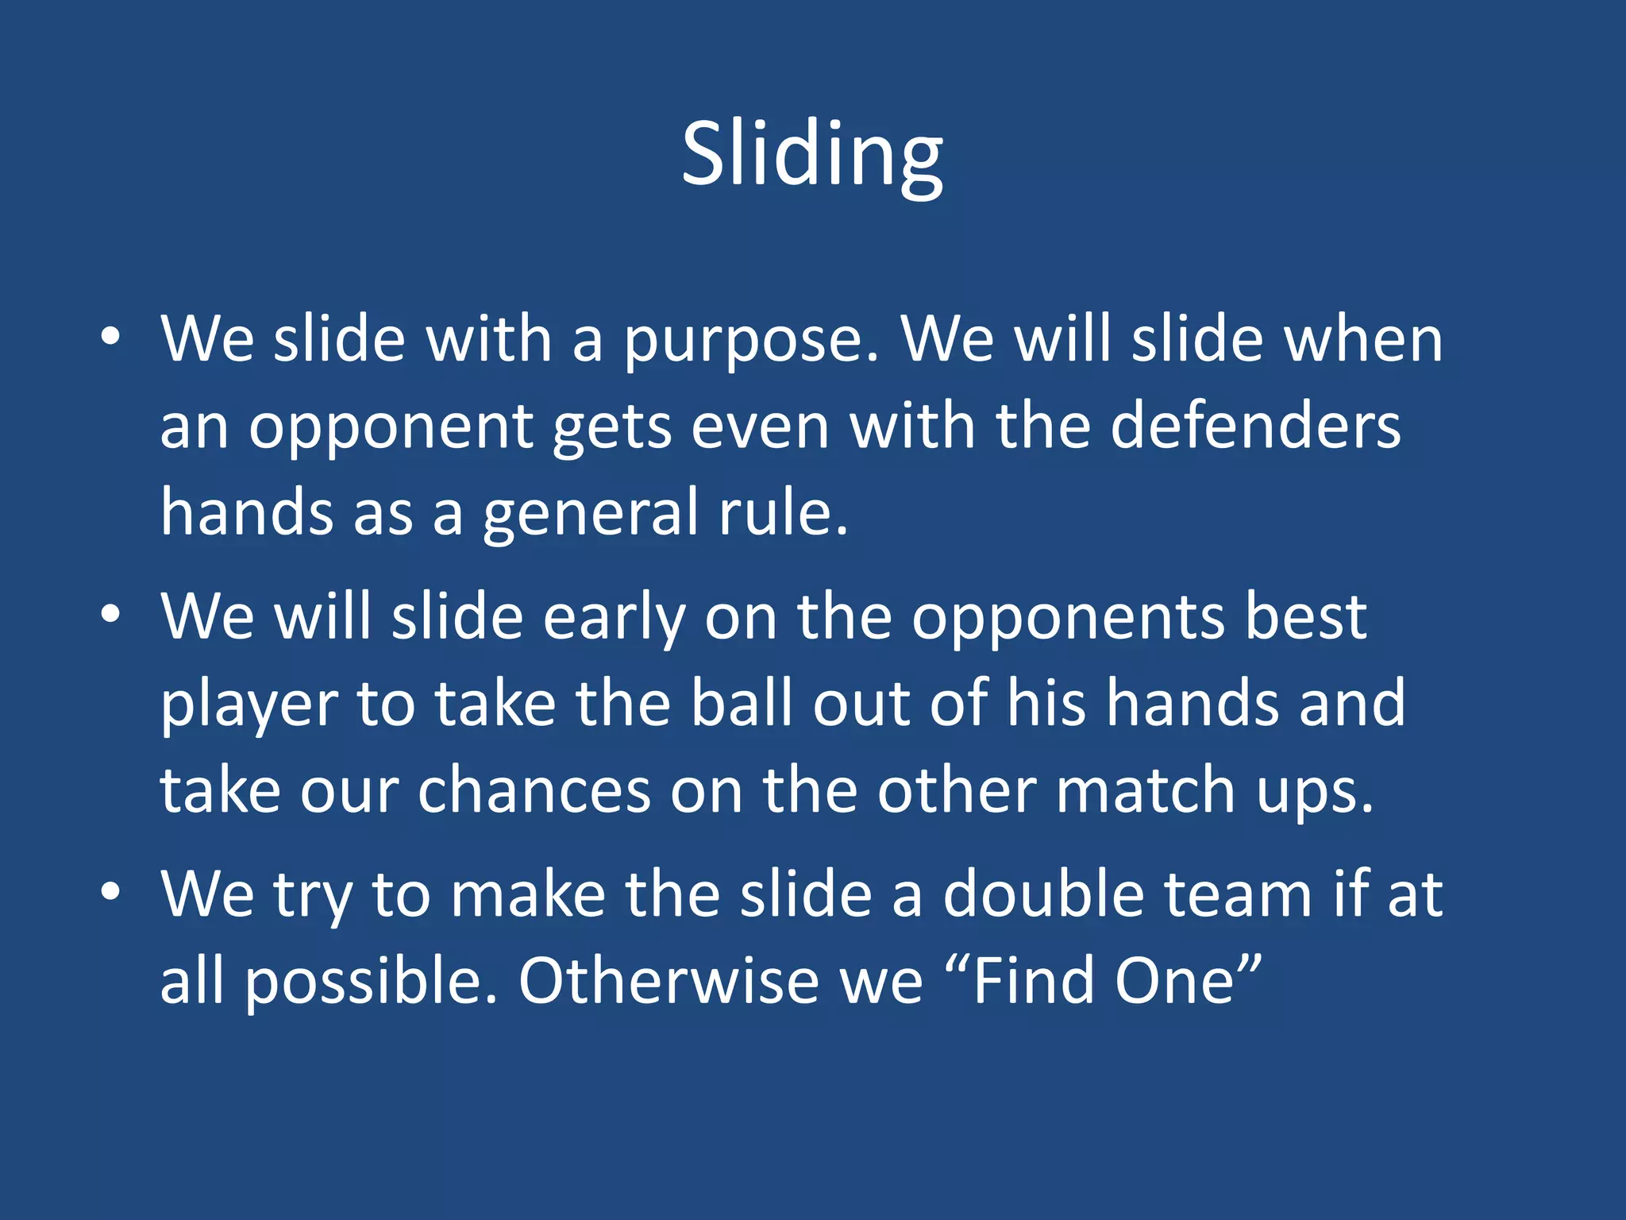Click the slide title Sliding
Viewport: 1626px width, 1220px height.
812,155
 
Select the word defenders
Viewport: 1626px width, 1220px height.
1255,427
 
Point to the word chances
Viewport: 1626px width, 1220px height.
534,791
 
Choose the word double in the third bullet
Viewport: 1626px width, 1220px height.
1043,894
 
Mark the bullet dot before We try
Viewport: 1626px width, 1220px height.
110,891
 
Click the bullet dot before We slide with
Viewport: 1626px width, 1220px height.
110,336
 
